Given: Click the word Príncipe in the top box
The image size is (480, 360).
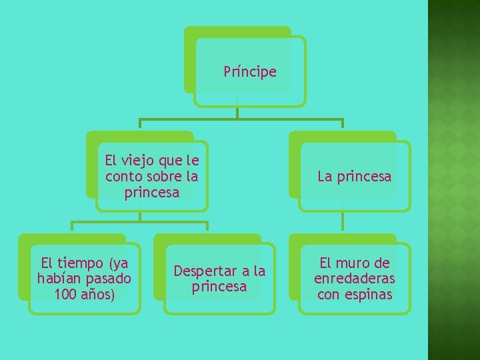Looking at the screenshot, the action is [250, 72].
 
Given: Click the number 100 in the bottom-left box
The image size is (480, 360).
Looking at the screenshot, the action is [67, 294].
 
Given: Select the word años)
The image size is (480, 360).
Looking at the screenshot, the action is [99, 294].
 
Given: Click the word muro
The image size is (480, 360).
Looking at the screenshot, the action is [357, 263].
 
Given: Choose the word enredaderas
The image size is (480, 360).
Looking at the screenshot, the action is [355, 279].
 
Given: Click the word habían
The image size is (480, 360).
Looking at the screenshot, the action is [60, 278].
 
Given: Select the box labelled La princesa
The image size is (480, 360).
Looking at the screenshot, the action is [355, 177].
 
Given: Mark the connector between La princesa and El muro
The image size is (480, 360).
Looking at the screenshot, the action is [343, 222].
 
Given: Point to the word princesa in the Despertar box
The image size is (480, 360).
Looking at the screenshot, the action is [219, 287].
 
